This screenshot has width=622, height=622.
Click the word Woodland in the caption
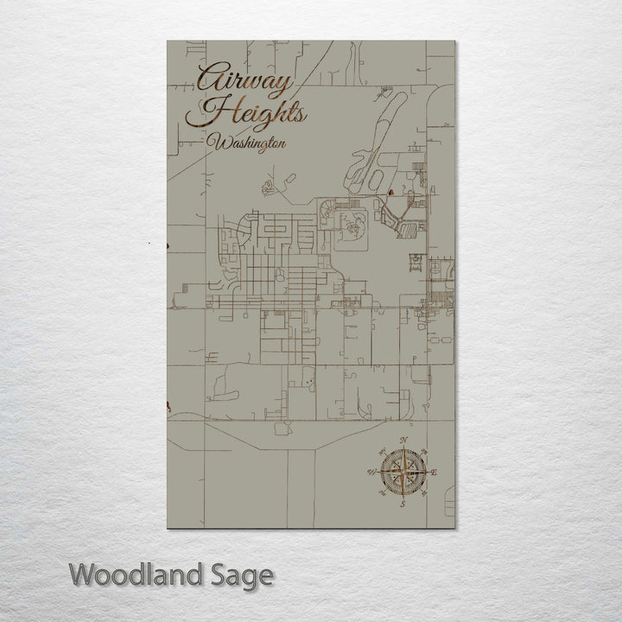[136, 574]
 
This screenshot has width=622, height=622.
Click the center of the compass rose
[402, 472]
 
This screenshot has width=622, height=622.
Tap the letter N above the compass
[403, 441]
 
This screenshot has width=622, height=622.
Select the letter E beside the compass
[435, 472]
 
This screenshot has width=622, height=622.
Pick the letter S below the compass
[402, 504]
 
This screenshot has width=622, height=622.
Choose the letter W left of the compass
[371, 472]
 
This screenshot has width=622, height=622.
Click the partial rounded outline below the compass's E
[450, 500]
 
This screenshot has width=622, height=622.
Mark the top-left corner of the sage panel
[167, 41]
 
